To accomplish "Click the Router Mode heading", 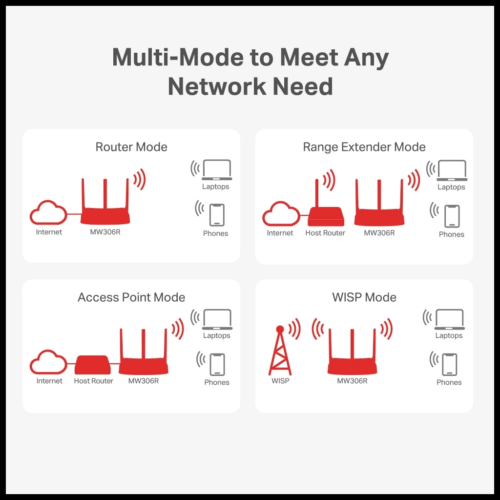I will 131,147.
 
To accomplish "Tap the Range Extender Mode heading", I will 364,147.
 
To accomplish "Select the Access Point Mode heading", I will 131,297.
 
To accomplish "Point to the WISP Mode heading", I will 364,297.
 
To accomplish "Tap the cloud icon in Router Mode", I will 48,213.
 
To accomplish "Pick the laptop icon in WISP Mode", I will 449,319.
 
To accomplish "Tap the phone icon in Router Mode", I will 217,215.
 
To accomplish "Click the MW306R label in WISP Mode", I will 352,381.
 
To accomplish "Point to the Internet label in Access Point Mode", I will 49,381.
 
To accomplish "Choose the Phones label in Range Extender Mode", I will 451,234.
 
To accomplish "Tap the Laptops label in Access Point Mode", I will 216,336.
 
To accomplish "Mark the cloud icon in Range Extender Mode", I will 281,214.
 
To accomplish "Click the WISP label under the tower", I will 280,381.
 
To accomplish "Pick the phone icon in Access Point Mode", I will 217,364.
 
